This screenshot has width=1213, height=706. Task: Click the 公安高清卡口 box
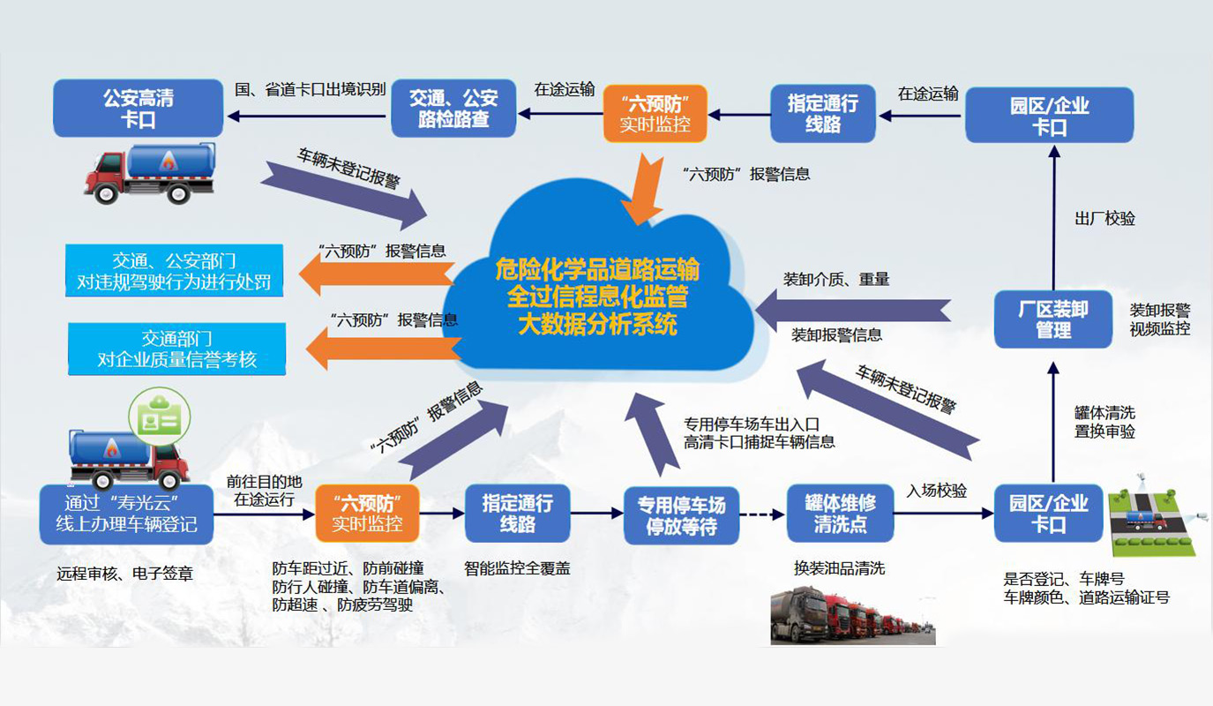(139, 108)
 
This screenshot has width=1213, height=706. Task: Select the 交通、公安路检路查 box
(453, 108)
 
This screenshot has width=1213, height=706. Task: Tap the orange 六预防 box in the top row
(655, 113)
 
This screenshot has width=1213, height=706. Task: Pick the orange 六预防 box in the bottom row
(367, 513)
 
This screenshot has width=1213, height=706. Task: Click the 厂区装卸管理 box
(1052, 319)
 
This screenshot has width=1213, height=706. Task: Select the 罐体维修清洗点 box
(840, 513)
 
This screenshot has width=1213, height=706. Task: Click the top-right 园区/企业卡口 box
(1049, 115)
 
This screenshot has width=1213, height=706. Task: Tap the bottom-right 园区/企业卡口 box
(1048, 513)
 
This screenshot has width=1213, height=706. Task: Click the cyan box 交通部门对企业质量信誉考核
(177, 349)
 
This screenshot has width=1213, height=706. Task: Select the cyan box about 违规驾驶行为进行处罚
(174, 272)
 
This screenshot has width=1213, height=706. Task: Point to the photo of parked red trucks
(852, 614)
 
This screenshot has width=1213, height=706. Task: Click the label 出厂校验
(1104, 219)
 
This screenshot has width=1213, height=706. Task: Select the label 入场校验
(936, 491)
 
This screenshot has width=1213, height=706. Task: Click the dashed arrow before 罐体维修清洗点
(760, 513)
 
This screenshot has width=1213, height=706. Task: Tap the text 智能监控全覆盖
(517, 568)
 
